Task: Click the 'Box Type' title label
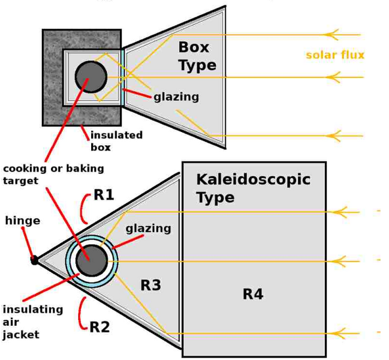pyautogui.click(x=197, y=56)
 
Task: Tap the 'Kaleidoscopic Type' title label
pyautogui.click(x=253, y=188)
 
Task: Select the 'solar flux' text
pyautogui.click(x=335, y=55)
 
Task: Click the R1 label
pyautogui.click(x=104, y=194)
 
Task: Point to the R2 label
pyautogui.click(x=99, y=327)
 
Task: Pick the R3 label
pyautogui.click(x=151, y=285)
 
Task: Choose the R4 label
pyautogui.click(x=253, y=294)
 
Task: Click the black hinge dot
pyautogui.click(x=34, y=260)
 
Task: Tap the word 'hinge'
pyautogui.click(x=23, y=221)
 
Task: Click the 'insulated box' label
pyautogui.click(x=116, y=141)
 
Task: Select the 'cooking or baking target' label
pyautogui.click(x=53, y=174)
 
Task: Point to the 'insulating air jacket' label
pyautogui.click(x=33, y=322)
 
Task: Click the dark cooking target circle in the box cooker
pyautogui.click(x=91, y=77)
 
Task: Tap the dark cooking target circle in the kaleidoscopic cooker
pyautogui.click(x=92, y=260)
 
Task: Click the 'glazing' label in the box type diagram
pyautogui.click(x=176, y=97)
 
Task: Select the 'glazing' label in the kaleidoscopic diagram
pyautogui.click(x=149, y=229)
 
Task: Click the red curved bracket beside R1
pyautogui.click(x=82, y=209)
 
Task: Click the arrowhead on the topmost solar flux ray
pyautogui.click(x=331, y=35)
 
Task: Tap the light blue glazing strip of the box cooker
pyautogui.click(x=122, y=77)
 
